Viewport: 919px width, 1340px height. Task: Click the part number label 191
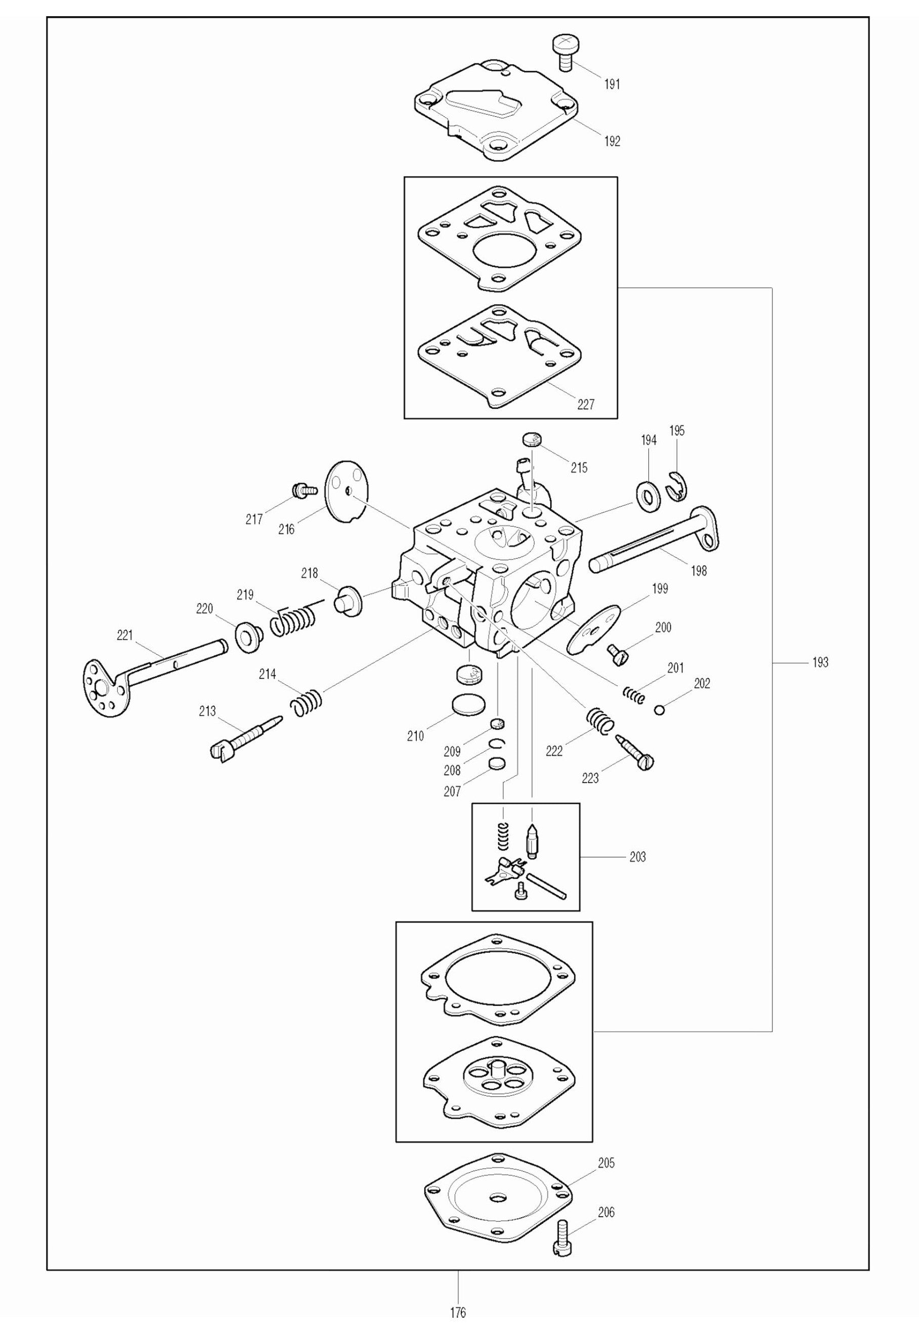(x=611, y=84)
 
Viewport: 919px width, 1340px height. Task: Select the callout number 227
(x=586, y=404)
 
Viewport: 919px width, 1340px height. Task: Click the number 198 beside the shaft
(x=698, y=571)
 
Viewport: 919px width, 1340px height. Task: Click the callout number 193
(x=820, y=663)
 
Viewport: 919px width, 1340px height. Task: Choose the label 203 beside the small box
(x=637, y=857)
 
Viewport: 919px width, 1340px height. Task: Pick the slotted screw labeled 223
(x=635, y=751)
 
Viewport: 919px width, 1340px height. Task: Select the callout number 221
(x=124, y=635)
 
